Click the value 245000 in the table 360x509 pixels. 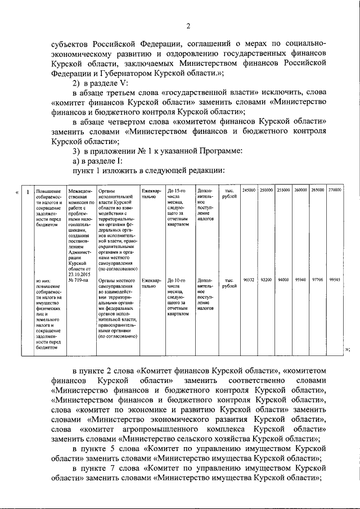pyautogui.click(x=249, y=190)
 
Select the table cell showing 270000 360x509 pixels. pyautogui.click(x=335, y=190)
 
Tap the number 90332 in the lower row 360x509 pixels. pyautogui.click(x=249, y=280)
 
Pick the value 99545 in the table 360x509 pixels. pyautogui.click(x=335, y=280)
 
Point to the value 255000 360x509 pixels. pyautogui.click(x=283, y=190)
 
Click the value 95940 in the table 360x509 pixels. pyautogui.click(x=300, y=280)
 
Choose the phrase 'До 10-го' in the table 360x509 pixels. pyautogui.click(x=177, y=280)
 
